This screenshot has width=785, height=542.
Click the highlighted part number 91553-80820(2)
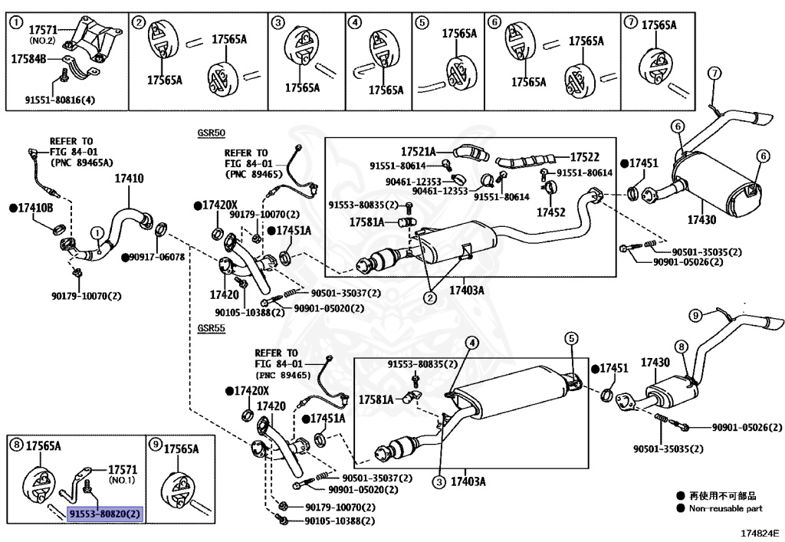(105, 514)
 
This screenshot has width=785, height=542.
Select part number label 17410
(129, 178)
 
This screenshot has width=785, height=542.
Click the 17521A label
(418, 151)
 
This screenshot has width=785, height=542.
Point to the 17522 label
(585, 157)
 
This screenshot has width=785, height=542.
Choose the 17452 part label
(550, 212)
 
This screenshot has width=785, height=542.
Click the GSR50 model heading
(212, 133)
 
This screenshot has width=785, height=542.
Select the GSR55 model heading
(212, 328)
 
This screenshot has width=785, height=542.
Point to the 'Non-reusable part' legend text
(725, 508)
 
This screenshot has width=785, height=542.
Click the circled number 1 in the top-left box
(17, 22)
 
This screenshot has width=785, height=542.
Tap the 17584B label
(28, 59)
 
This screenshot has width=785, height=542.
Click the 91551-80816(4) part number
(60, 100)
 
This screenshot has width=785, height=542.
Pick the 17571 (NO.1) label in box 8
(123, 474)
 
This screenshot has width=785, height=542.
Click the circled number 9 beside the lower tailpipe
(695, 315)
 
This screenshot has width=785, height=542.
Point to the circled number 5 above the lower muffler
(572, 338)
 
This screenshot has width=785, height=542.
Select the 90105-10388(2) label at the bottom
(340, 521)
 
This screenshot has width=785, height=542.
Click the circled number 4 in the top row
(354, 22)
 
